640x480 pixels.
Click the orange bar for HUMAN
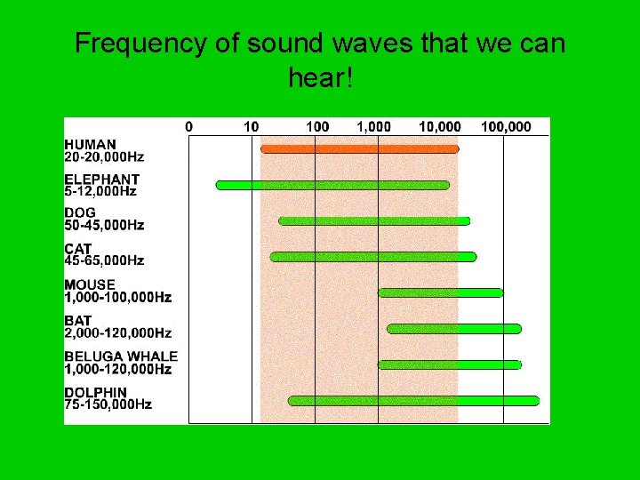(359, 148)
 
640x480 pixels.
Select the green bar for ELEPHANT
(332, 185)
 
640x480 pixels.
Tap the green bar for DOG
(373, 220)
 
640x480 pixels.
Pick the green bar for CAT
(372, 257)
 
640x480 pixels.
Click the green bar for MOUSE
(440, 292)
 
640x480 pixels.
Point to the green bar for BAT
(453, 329)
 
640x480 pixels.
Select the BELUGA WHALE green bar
(449, 364)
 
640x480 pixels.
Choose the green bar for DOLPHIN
(413, 401)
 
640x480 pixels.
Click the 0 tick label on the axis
(188, 127)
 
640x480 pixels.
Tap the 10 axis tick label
(252, 127)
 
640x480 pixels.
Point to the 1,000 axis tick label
(373, 127)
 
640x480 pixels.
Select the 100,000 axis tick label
(506, 127)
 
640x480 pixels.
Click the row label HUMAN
(90, 144)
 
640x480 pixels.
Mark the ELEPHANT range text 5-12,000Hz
(100, 191)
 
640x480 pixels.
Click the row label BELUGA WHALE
(121, 356)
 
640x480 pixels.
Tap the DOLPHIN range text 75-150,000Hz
(108, 404)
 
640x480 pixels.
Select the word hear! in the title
(321, 79)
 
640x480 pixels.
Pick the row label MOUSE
(90, 284)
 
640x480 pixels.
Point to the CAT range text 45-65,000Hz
(104, 260)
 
